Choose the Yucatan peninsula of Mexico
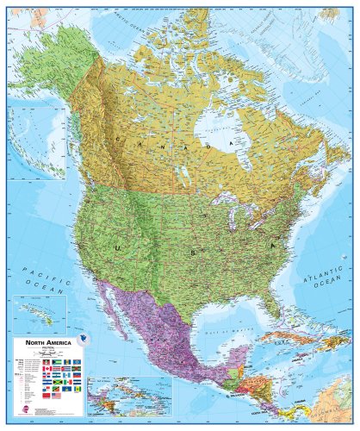pos(223,354)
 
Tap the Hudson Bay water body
pos(215,142)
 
